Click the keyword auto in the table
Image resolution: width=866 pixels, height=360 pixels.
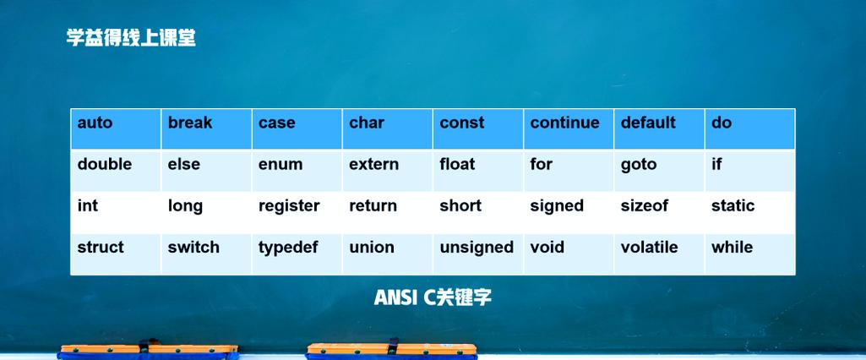[x=95, y=123]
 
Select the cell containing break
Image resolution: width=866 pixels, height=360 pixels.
[x=190, y=123]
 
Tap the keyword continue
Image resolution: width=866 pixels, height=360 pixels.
[x=564, y=123]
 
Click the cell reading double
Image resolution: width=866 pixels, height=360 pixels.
[x=105, y=165]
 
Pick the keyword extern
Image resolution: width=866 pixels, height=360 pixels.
[x=373, y=165]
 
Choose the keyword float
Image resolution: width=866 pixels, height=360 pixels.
[x=457, y=165]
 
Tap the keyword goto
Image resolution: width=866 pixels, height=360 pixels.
[x=639, y=165]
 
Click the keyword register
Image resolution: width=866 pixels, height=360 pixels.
[x=289, y=206]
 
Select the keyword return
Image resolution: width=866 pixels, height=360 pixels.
[x=373, y=206]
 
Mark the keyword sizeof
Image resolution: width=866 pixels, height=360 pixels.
[x=645, y=206]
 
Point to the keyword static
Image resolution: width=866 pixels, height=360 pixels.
[x=733, y=206]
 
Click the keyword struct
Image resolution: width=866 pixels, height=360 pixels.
[x=101, y=248]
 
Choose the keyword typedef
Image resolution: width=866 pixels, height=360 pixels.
[x=288, y=248]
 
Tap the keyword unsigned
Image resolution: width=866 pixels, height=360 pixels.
[x=477, y=248]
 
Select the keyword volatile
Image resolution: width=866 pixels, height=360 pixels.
[x=650, y=248]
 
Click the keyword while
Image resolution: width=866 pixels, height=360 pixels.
[x=732, y=248]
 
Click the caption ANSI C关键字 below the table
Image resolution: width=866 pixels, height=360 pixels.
[x=433, y=297]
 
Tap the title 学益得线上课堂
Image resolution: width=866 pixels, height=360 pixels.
[x=131, y=38]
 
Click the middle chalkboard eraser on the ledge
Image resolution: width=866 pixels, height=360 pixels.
[x=391, y=349]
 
